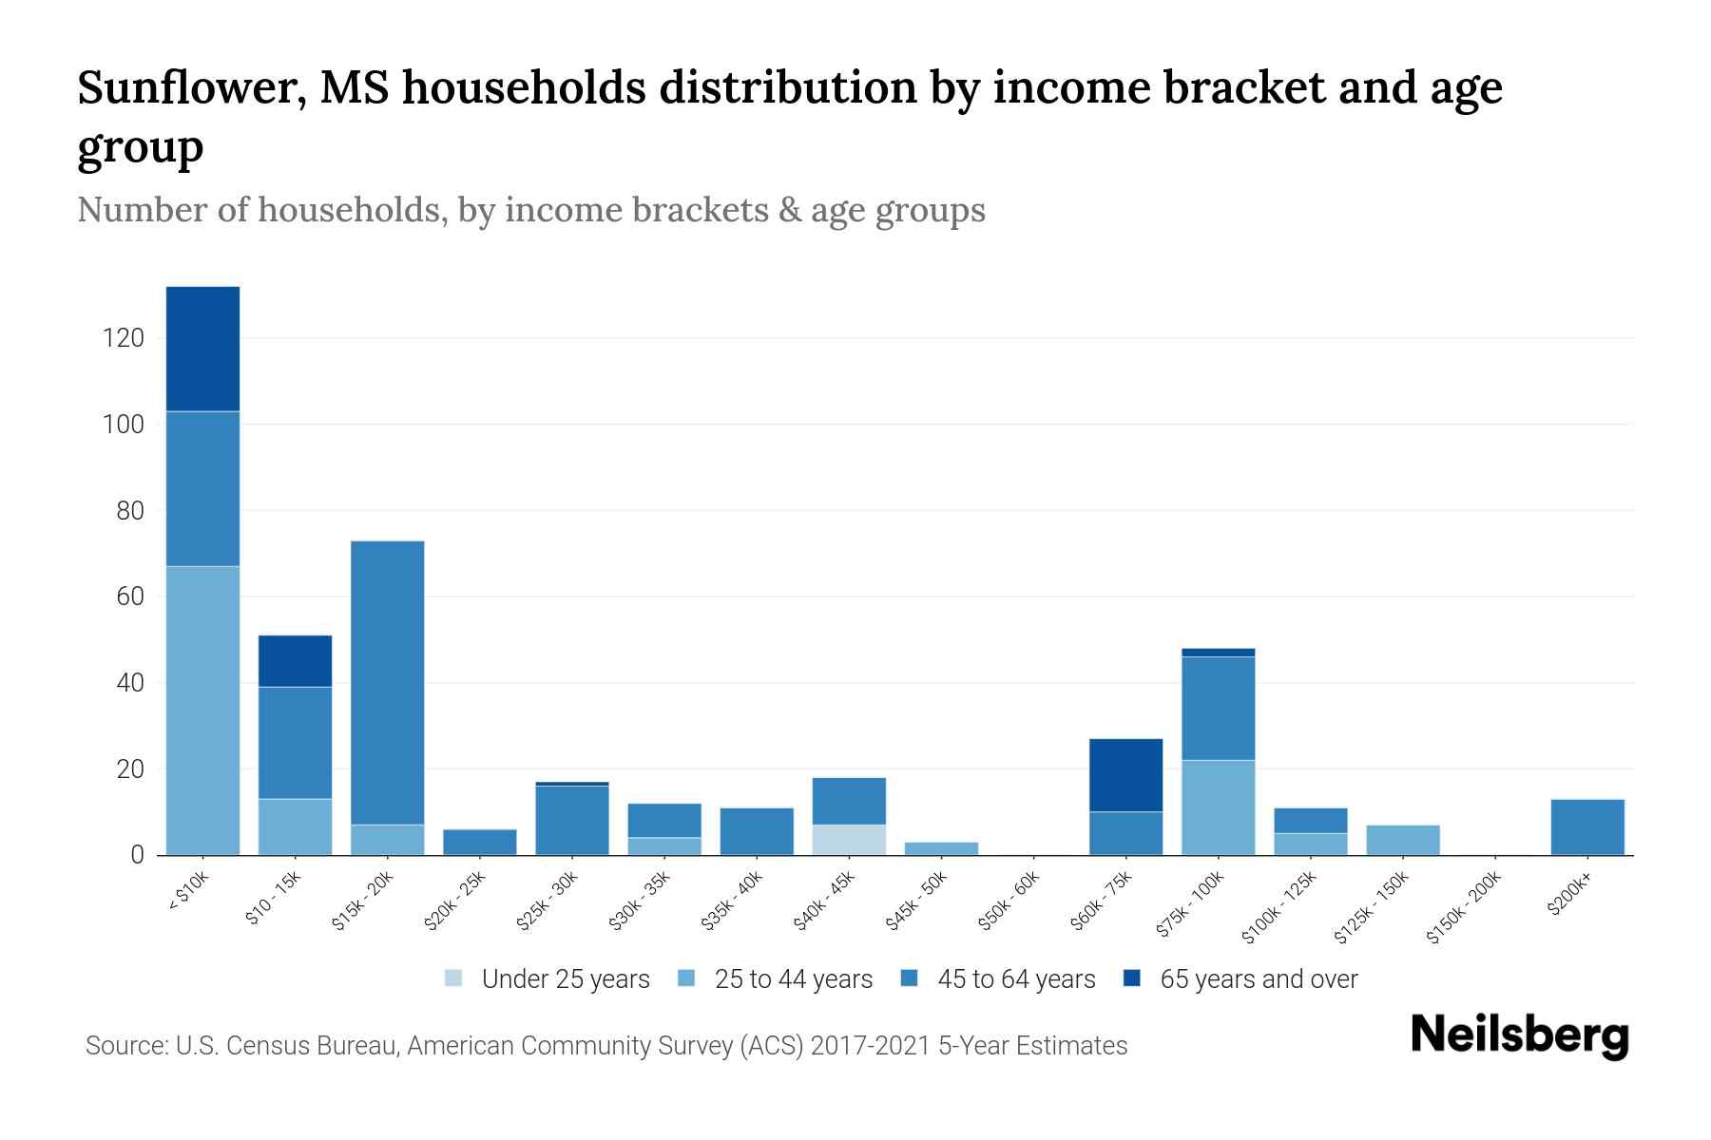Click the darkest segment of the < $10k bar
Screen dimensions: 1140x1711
pyautogui.click(x=202, y=349)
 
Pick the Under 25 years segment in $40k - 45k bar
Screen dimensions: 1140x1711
pyautogui.click(x=849, y=840)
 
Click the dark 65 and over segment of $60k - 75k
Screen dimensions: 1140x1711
pyautogui.click(x=1125, y=775)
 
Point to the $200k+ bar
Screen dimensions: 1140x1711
pyautogui.click(x=1586, y=827)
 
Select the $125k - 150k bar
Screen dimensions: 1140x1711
pyautogui.click(x=1402, y=840)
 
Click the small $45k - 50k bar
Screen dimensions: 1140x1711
pyautogui.click(x=941, y=848)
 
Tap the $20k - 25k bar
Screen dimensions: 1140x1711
pyautogui.click(x=480, y=843)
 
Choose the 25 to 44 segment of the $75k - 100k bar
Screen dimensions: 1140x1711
pyautogui.click(x=1218, y=807)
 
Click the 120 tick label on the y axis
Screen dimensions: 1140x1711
pyautogui.click(x=124, y=338)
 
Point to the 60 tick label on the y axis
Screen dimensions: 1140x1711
pyautogui.click(x=130, y=597)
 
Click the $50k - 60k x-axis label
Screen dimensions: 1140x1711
pyautogui.click(x=1009, y=901)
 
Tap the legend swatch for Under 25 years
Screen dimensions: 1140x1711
pyautogui.click(x=454, y=978)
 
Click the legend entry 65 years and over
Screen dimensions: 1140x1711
pyautogui.click(x=1258, y=979)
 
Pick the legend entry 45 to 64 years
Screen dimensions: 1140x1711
pyautogui.click(x=1015, y=979)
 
